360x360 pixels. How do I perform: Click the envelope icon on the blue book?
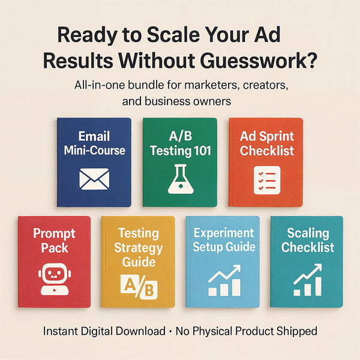(94, 178)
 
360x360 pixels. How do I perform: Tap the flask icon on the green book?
(179, 178)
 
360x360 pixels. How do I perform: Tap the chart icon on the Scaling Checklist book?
(307, 282)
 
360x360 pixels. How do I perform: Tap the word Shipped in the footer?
(295, 331)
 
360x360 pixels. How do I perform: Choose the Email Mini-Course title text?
(94, 143)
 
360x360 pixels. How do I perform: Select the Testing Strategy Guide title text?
(138, 247)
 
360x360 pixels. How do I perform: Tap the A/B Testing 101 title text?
(179, 143)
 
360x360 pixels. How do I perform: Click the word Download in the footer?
(142, 331)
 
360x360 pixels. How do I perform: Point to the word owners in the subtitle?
(211, 101)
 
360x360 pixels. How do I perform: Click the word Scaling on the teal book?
(307, 233)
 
